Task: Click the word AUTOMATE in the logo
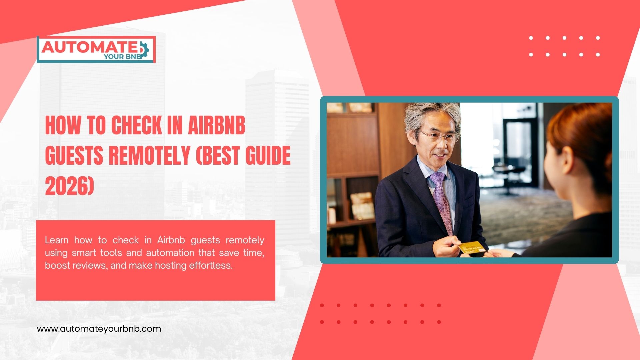click(88, 47)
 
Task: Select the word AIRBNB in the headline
click(217, 126)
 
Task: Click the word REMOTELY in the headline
click(150, 156)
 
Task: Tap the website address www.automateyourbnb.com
click(99, 329)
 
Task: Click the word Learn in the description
click(57, 240)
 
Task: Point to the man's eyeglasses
click(438, 136)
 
